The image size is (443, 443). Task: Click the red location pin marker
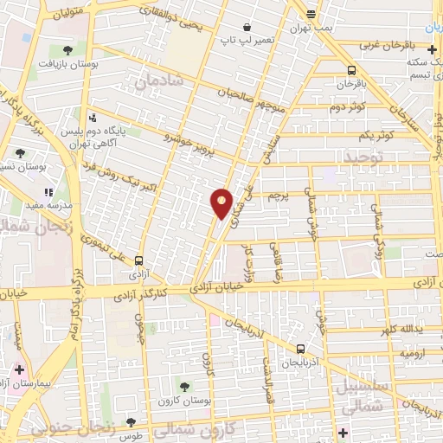221,202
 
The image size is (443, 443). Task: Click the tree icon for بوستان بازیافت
68,49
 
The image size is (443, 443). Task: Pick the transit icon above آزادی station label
139,258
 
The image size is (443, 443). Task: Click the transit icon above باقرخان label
351,70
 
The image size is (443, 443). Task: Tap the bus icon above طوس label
131,422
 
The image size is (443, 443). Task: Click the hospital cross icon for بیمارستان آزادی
19,369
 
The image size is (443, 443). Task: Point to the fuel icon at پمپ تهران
311,13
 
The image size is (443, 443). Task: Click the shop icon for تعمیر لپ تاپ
223,27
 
